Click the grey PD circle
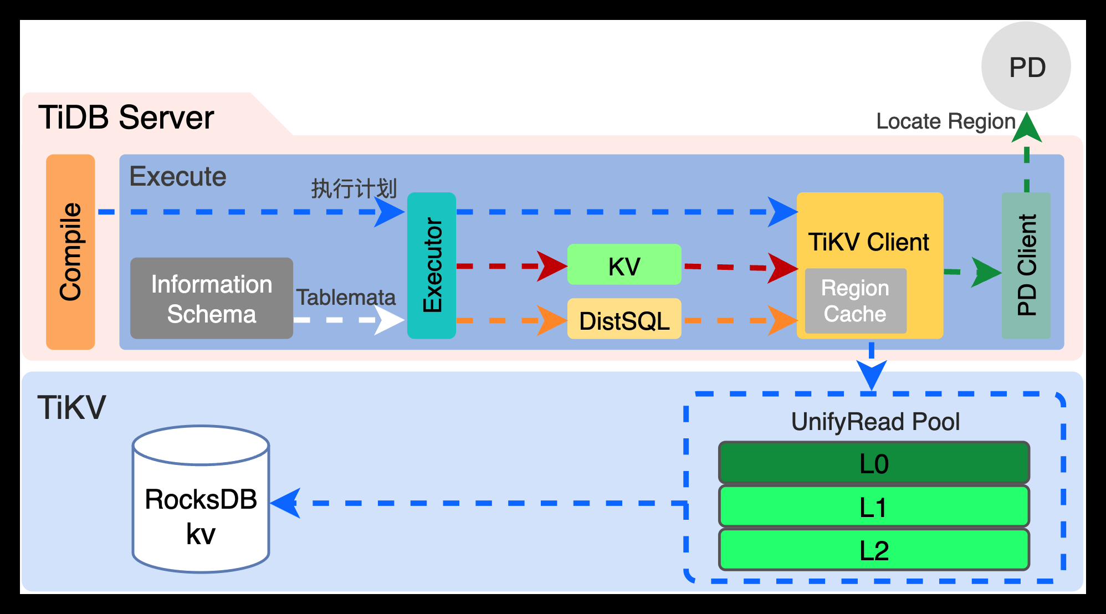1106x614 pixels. coord(1026,66)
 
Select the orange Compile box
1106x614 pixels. coord(70,252)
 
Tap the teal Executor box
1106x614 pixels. coord(432,265)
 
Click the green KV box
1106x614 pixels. coord(624,265)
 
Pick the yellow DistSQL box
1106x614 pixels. coord(624,319)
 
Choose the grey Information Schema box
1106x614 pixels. coord(211,298)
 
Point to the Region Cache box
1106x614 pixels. coord(855,301)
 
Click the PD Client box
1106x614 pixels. coord(1026,265)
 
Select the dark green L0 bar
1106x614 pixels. coord(874,463)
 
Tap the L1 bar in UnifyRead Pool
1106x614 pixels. coord(874,506)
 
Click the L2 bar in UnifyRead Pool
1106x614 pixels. coord(874,550)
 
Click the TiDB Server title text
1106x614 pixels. coord(126,117)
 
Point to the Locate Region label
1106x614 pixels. coord(945,121)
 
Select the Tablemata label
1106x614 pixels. coord(346,298)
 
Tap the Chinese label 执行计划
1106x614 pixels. coord(354,188)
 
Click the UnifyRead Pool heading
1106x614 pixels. coord(875,422)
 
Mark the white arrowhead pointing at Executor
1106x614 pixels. coord(390,320)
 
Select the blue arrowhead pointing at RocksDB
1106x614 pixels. coord(286,503)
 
